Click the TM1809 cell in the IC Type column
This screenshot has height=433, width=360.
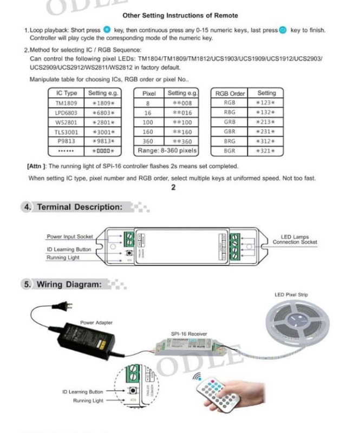click(67, 103)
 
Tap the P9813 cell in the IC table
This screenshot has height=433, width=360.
click(67, 141)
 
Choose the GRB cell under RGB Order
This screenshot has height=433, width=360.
click(230, 122)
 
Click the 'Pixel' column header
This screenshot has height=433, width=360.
click(149, 93)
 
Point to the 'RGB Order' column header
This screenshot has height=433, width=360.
click(230, 93)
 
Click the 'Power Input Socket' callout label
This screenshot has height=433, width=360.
click(69, 237)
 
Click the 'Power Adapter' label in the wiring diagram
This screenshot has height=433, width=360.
click(96, 323)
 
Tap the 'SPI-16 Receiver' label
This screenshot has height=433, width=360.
click(189, 334)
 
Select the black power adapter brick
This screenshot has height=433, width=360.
click(82, 341)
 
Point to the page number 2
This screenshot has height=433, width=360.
click(173, 188)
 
